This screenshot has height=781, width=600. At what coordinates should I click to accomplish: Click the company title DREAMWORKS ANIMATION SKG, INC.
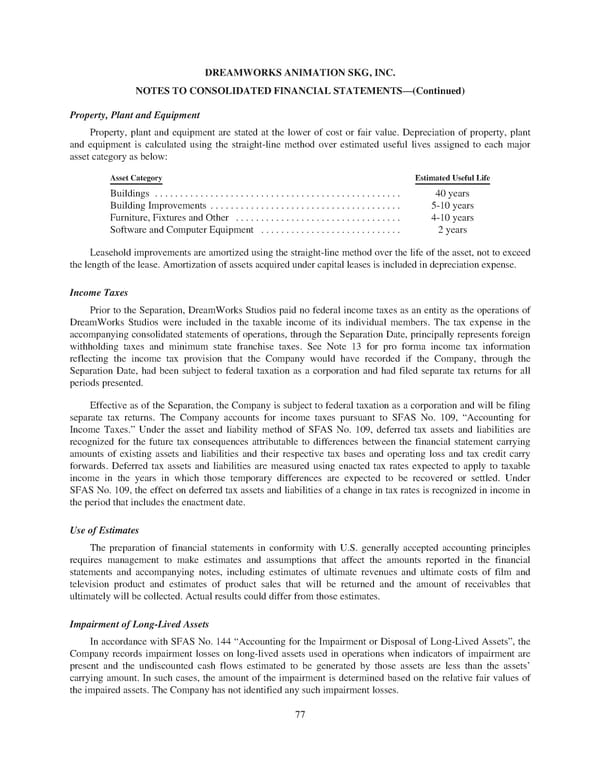[x=300, y=72]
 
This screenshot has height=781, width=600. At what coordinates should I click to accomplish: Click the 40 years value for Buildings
[x=452, y=192]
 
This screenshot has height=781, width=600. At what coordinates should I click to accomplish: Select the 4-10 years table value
[x=452, y=217]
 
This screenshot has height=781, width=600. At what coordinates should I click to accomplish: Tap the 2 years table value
[x=452, y=229]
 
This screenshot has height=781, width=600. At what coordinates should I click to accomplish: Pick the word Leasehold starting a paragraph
[x=113, y=252]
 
